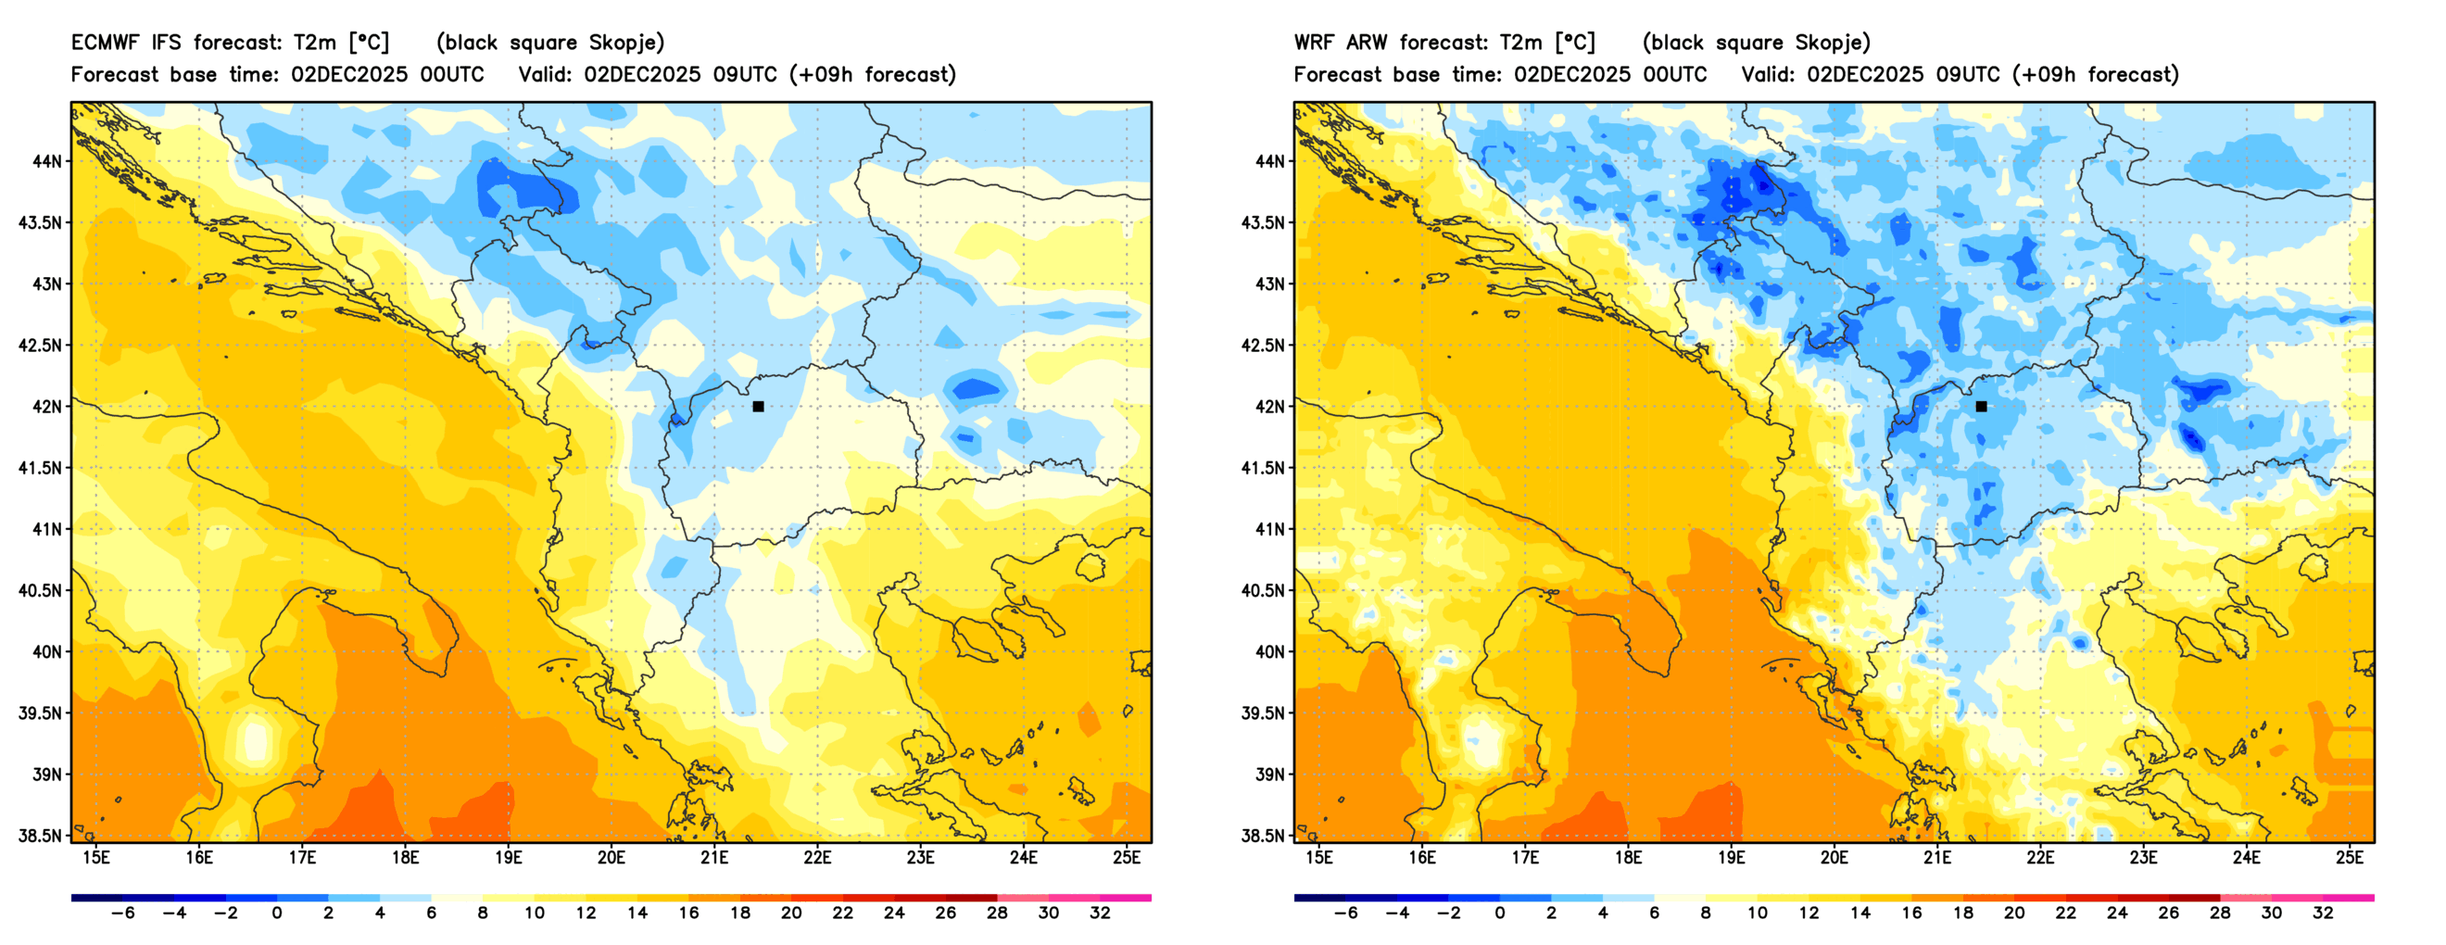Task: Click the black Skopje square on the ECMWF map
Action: coord(758,407)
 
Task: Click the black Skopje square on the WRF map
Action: coord(1981,407)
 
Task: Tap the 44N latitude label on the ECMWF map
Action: coord(46,161)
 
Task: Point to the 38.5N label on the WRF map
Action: coord(1263,836)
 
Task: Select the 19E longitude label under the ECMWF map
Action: coord(508,858)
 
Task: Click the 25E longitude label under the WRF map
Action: coord(2349,858)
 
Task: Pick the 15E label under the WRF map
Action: coord(1319,858)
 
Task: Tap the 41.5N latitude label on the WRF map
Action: coord(1263,468)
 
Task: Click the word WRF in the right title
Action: coord(1313,43)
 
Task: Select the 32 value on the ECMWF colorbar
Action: coord(1100,913)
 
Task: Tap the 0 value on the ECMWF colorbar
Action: coord(276,913)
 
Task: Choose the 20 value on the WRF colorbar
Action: coord(2014,913)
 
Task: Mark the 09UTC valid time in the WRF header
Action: coord(1967,75)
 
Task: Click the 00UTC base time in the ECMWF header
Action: coord(452,75)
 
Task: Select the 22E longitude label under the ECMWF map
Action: coord(817,858)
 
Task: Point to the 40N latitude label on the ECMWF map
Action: coord(46,652)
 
